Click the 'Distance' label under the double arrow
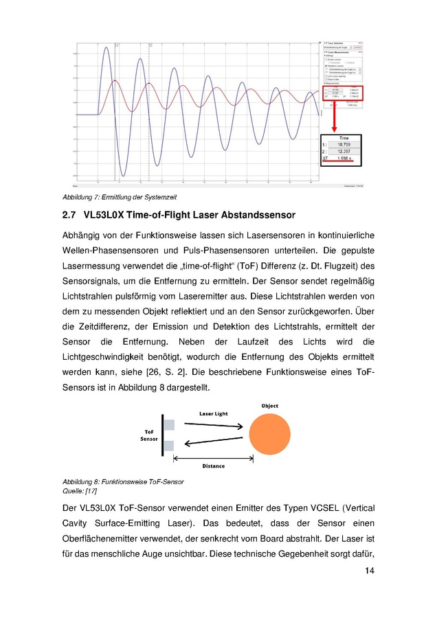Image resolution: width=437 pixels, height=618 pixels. [213, 466]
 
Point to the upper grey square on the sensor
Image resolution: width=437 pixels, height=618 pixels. [169, 426]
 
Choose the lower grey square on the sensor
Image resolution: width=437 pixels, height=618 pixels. [169, 446]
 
